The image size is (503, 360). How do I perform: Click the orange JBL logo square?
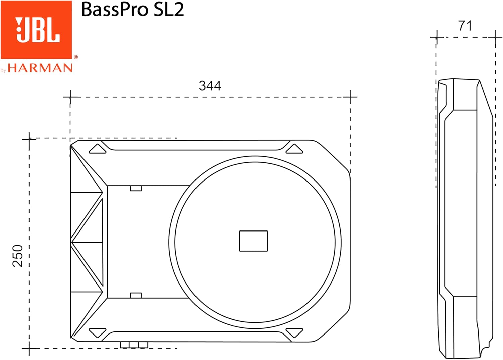pos(36,30)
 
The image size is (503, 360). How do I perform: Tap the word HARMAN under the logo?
pos(40,68)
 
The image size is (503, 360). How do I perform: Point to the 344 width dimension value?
pos(210,86)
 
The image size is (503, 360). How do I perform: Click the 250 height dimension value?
pos(18,256)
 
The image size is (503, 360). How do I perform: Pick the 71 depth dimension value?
pos(465,26)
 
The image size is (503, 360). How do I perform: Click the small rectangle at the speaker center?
pos(253,241)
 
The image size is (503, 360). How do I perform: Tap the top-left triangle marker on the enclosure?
pos(97,149)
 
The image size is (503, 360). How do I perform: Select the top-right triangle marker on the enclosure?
pos(294,149)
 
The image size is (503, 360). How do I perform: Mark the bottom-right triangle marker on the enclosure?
pos(294,332)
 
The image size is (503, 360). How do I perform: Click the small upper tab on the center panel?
pos(136,188)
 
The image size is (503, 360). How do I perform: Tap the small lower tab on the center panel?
pos(136,295)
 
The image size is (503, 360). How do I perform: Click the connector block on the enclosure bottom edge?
pos(134,345)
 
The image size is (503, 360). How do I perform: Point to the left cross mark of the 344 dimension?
pos(70,97)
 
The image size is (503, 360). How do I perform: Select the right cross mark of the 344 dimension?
pos(350,97)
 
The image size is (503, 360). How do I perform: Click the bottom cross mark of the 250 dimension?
pos(29,348)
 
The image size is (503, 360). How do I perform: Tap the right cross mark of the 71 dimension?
pos(495,37)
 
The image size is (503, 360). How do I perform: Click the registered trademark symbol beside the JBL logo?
pos(76,57)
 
